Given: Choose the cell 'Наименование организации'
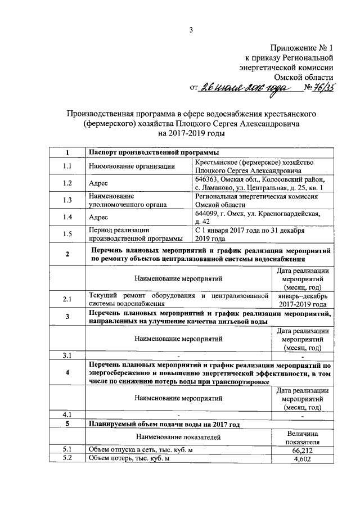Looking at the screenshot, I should (132, 166).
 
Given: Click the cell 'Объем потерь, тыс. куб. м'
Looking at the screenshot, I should (129, 460).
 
